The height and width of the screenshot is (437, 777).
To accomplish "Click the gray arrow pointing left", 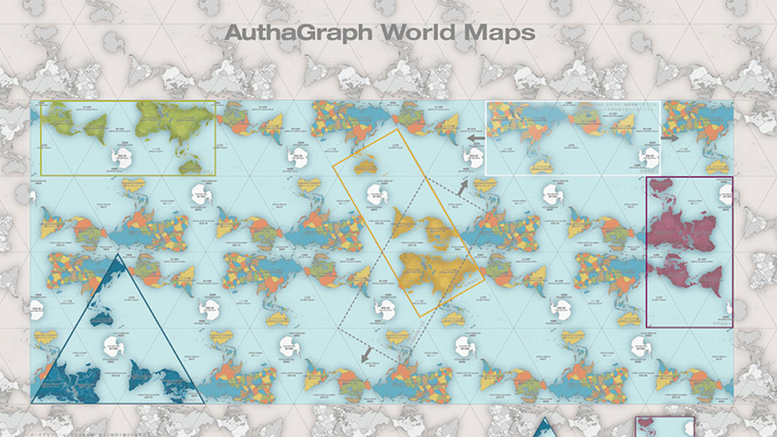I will pyautogui.click(x=474, y=138).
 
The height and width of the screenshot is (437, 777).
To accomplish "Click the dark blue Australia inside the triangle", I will pyautogui.click(x=101, y=319).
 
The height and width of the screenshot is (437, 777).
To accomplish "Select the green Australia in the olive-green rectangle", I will pyautogui.click(x=189, y=166).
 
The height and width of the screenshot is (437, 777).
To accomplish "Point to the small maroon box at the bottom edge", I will pyautogui.click(x=665, y=427).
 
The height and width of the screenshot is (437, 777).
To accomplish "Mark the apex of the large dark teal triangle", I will pyautogui.click(x=118, y=255).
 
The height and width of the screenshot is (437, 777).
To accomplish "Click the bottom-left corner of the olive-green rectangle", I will pyautogui.click(x=41, y=175).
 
